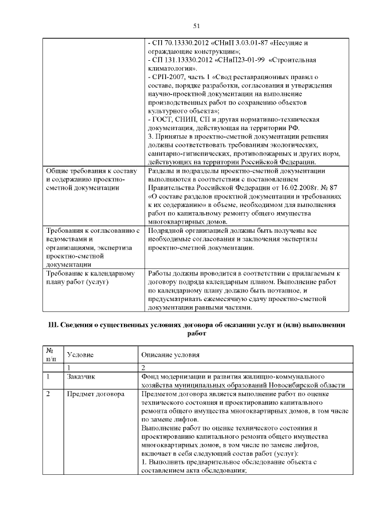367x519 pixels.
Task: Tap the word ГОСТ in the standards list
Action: (162, 119)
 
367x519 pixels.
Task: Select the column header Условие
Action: (80, 354)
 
